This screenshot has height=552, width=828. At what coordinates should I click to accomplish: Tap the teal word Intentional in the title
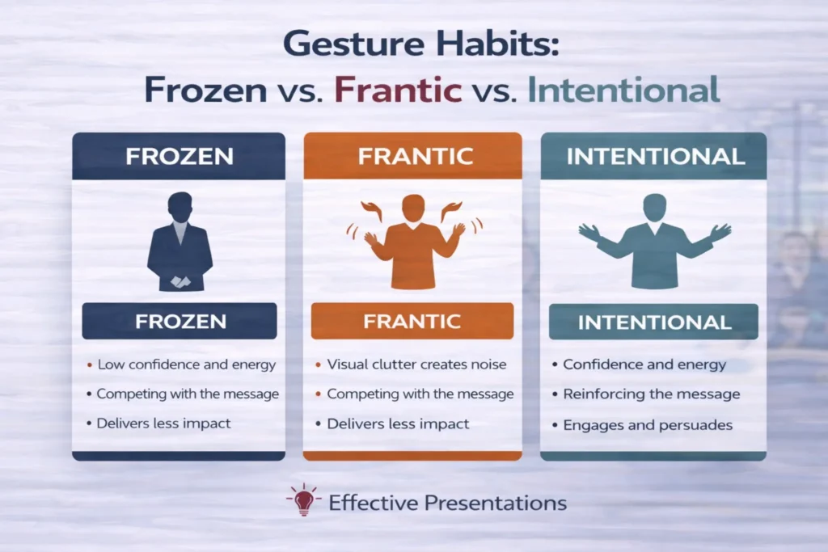(623, 91)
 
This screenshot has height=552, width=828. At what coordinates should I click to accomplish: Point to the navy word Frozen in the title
(205, 91)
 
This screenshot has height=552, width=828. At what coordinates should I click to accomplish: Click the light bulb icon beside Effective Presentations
(304, 500)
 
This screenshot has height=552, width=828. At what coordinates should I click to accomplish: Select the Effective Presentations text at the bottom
(447, 503)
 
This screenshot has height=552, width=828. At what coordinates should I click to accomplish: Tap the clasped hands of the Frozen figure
(180, 282)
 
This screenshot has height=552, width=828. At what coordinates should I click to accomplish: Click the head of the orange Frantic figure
(412, 207)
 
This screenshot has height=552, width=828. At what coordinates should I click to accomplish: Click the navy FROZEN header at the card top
(179, 156)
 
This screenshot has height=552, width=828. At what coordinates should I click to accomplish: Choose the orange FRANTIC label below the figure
(412, 321)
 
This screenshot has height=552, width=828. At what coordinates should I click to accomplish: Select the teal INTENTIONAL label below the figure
(654, 322)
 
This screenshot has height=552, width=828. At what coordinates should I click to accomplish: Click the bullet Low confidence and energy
(186, 364)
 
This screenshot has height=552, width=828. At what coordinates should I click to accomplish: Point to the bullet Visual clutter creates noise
(416, 364)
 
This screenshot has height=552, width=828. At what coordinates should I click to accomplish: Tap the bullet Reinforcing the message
(651, 394)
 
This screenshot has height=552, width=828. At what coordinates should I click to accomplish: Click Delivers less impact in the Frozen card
(163, 423)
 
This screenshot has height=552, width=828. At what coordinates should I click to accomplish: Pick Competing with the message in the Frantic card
(420, 394)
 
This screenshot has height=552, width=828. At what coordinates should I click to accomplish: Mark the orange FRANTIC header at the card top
(412, 156)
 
